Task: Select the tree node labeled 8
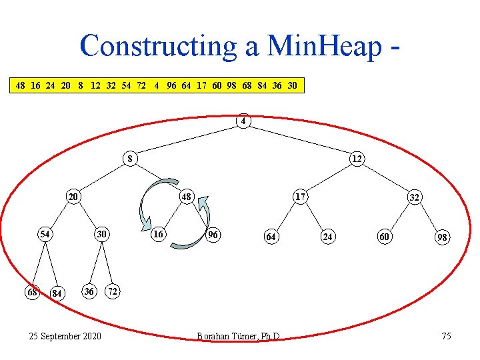[131, 159]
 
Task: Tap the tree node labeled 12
[357, 159]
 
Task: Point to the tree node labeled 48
[187, 197]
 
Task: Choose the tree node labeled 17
[301, 197]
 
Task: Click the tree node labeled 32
[414, 198]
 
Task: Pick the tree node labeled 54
[45, 234]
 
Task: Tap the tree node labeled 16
[158, 234]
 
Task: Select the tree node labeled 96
[213, 235]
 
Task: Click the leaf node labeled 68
[31, 291]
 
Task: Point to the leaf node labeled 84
[58, 293]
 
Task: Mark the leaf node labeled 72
[114, 291]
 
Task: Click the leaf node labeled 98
[442, 237]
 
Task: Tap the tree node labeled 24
[327, 236]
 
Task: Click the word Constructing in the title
[157, 46]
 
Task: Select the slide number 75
[446, 336]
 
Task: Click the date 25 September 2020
[65, 336]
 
